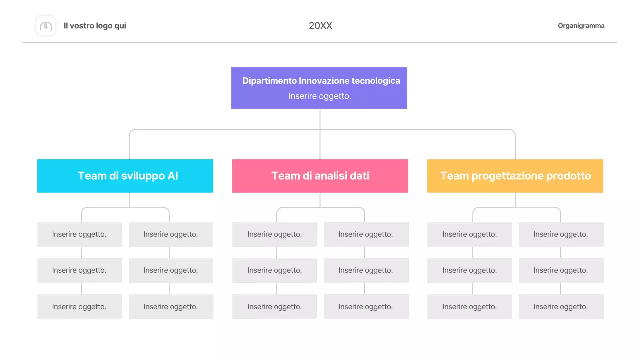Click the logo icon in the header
pos(46,26)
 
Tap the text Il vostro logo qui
pos(95,26)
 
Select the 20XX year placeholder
pos(320,26)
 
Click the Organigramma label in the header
pos(581,26)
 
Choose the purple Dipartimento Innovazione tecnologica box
pos(319,88)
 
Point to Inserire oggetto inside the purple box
pos(320,96)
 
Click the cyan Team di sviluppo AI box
pos(125,176)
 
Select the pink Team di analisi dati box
pos(320,176)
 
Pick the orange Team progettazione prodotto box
pos(515,176)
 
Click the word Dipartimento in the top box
pos(269,81)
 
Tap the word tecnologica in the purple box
pos(376,81)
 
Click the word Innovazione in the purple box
pos(324,81)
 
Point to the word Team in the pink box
pos(283,176)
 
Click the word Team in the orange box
pos(454,176)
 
